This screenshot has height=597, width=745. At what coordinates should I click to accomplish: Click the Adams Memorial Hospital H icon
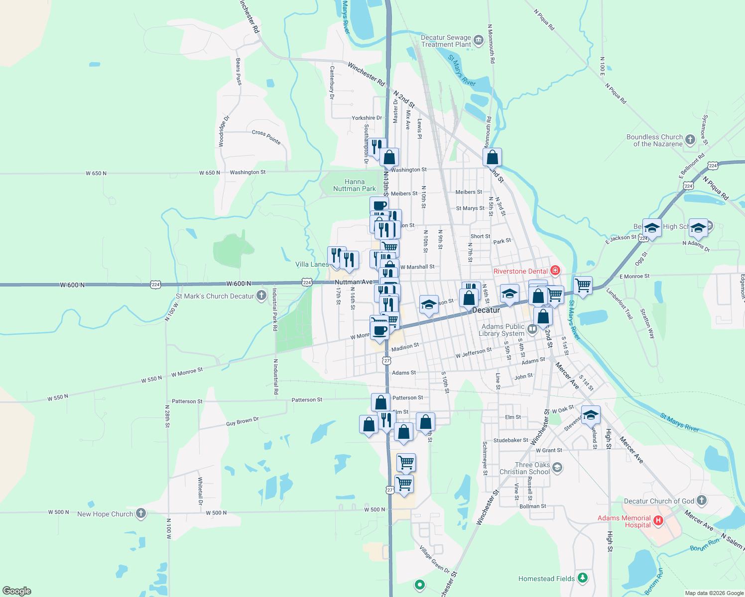pyautogui.click(x=658, y=521)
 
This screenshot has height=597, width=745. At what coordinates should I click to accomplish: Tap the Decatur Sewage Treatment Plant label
pyautogui.click(x=446, y=41)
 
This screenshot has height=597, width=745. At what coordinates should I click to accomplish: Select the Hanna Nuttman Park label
pyautogui.click(x=354, y=185)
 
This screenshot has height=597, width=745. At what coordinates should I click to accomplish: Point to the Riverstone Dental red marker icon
pyautogui.click(x=555, y=271)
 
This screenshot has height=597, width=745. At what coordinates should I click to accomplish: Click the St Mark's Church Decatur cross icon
pyautogui.click(x=261, y=296)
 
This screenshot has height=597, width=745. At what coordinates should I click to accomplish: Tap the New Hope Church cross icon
pyautogui.click(x=141, y=513)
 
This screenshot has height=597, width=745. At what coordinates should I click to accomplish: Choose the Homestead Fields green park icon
pyautogui.click(x=583, y=578)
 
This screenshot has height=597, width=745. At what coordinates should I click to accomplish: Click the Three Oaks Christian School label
pyautogui.click(x=525, y=468)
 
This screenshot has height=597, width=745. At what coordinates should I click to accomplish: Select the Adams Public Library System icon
pyautogui.click(x=532, y=328)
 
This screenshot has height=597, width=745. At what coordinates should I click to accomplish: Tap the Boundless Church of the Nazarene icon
pyautogui.click(x=690, y=139)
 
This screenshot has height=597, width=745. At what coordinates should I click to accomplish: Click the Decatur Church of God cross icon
pyautogui.click(x=701, y=500)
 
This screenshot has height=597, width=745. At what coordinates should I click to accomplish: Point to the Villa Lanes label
pyautogui.click(x=312, y=264)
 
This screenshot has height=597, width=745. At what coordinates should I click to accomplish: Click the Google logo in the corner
pyautogui.click(x=17, y=591)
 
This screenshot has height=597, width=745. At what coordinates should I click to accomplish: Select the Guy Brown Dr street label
pyautogui.click(x=243, y=421)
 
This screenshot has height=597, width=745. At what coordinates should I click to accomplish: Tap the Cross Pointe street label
pyautogui.click(x=266, y=136)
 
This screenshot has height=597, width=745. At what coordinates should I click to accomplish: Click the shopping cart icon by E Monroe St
pyautogui.click(x=583, y=286)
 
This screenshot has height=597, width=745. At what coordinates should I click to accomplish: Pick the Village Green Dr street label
pyautogui.click(x=434, y=559)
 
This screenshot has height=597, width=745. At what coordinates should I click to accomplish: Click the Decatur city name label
pyautogui.click(x=486, y=310)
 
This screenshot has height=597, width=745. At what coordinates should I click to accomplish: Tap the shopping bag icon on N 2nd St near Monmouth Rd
pyautogui.click(x=492, y=157)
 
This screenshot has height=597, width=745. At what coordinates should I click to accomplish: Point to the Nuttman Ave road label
pyautogui.click(x=354, y=282)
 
